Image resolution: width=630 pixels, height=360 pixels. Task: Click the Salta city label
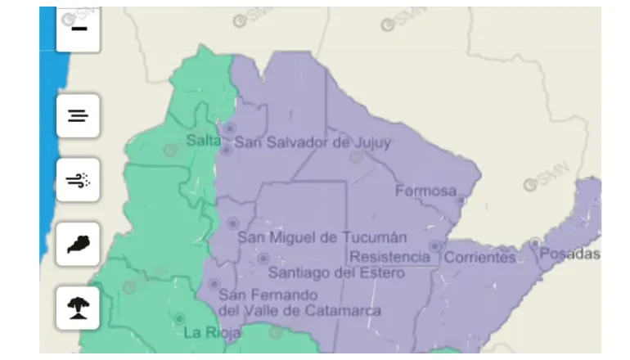tap(203, 141)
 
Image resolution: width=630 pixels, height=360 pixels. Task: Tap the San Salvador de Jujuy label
tap(313, 142)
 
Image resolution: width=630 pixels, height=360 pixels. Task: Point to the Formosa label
tap(425, 191)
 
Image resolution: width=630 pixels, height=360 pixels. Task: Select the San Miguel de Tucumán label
tap(322, 238)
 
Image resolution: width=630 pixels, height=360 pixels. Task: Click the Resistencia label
tap(389, 257)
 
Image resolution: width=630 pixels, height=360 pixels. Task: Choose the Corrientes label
tap(480, 258)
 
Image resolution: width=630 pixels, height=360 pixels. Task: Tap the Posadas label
tap(569, 254)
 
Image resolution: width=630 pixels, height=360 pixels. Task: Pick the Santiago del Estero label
tap(335, 273)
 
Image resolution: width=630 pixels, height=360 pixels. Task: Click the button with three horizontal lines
tap(78, 116)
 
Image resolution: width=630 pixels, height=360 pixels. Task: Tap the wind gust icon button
tap(78, 180)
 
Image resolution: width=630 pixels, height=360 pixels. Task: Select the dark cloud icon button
tap(78, 244)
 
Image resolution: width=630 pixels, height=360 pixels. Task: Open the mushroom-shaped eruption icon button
tap(78, 308)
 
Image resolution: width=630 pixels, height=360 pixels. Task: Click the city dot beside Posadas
tap(535, 243)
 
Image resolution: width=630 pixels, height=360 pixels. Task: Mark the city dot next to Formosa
tap(461, 200)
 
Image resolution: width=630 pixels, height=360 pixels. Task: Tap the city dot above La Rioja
tap(178, 318)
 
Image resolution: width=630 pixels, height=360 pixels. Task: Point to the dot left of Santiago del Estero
tap(263, 259)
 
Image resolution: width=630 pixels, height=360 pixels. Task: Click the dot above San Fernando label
tap(214, 284)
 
